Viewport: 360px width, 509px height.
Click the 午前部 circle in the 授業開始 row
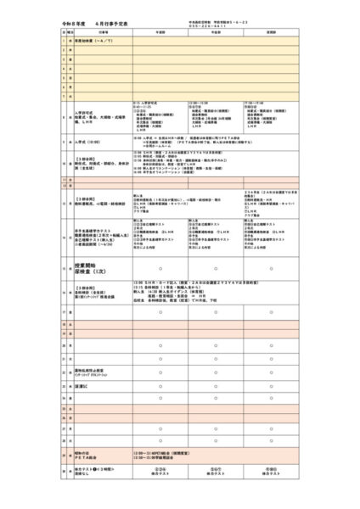tap(160, 270)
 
